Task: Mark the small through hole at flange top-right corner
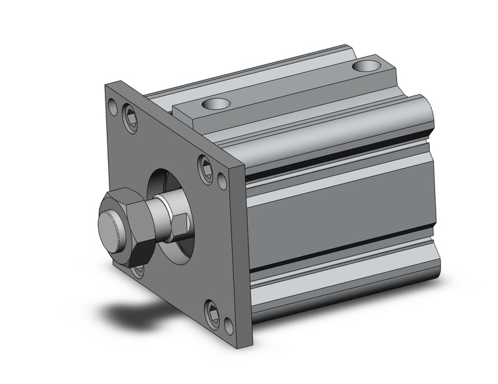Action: [x=223, y=178]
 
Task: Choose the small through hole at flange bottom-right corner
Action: [x=228, y=323]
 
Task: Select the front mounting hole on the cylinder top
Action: [x=215, y=104]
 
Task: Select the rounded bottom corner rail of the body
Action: [x=341, y=291]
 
